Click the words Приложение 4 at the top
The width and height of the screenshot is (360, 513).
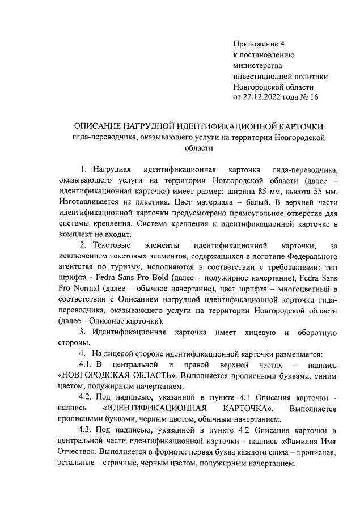[259, 44]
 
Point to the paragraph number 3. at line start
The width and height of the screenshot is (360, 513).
[83, 332]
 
